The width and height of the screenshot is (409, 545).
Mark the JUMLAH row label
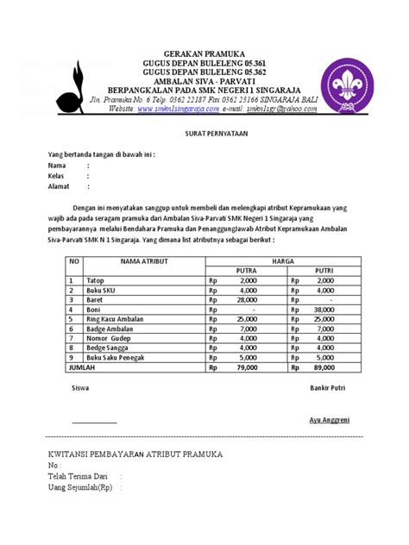79,366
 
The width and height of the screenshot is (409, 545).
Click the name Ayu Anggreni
330,419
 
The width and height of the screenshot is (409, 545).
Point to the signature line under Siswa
94,423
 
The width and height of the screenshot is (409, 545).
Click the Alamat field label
59,185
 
